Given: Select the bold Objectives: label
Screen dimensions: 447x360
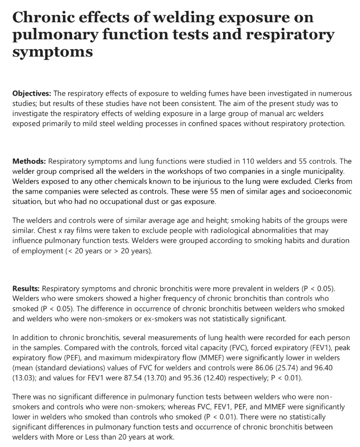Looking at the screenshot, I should point(32,93).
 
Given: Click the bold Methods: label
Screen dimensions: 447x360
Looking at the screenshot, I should point(29,161).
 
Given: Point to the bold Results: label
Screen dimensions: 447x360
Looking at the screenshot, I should point(26,289).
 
